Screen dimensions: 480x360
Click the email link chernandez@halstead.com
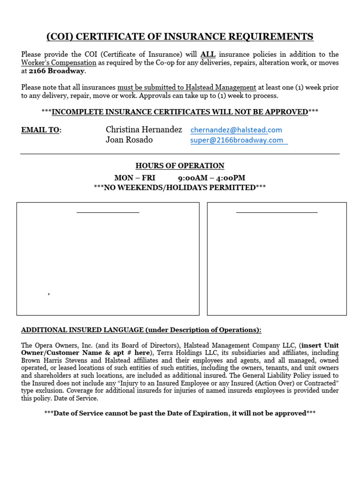click(x=236, y=130)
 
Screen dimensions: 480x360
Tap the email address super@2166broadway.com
click(x=237, y=140)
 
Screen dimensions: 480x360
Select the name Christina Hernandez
click(x=144, y=129)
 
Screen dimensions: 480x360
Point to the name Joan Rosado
click(x=129, y=140)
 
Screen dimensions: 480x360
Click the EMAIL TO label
click(x=41, y=130)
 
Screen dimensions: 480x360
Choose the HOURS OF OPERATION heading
click(x=180, y=166)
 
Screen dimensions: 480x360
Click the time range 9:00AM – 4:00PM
click(x=211, y=178)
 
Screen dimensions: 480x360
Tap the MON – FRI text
click(x=135, y=178)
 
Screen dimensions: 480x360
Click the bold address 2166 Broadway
click(x=57, y=71)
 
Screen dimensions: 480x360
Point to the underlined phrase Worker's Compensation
click(x=59, y=63)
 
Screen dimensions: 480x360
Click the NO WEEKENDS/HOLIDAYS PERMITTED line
click(x=180, y=187)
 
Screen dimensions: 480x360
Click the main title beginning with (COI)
click(x=180, y=37)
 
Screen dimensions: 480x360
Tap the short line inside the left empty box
click(x=108, y=212)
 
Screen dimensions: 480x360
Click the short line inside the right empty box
click(x=277, y=212)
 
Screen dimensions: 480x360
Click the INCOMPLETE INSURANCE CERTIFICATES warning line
click(x=180, y=112)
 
